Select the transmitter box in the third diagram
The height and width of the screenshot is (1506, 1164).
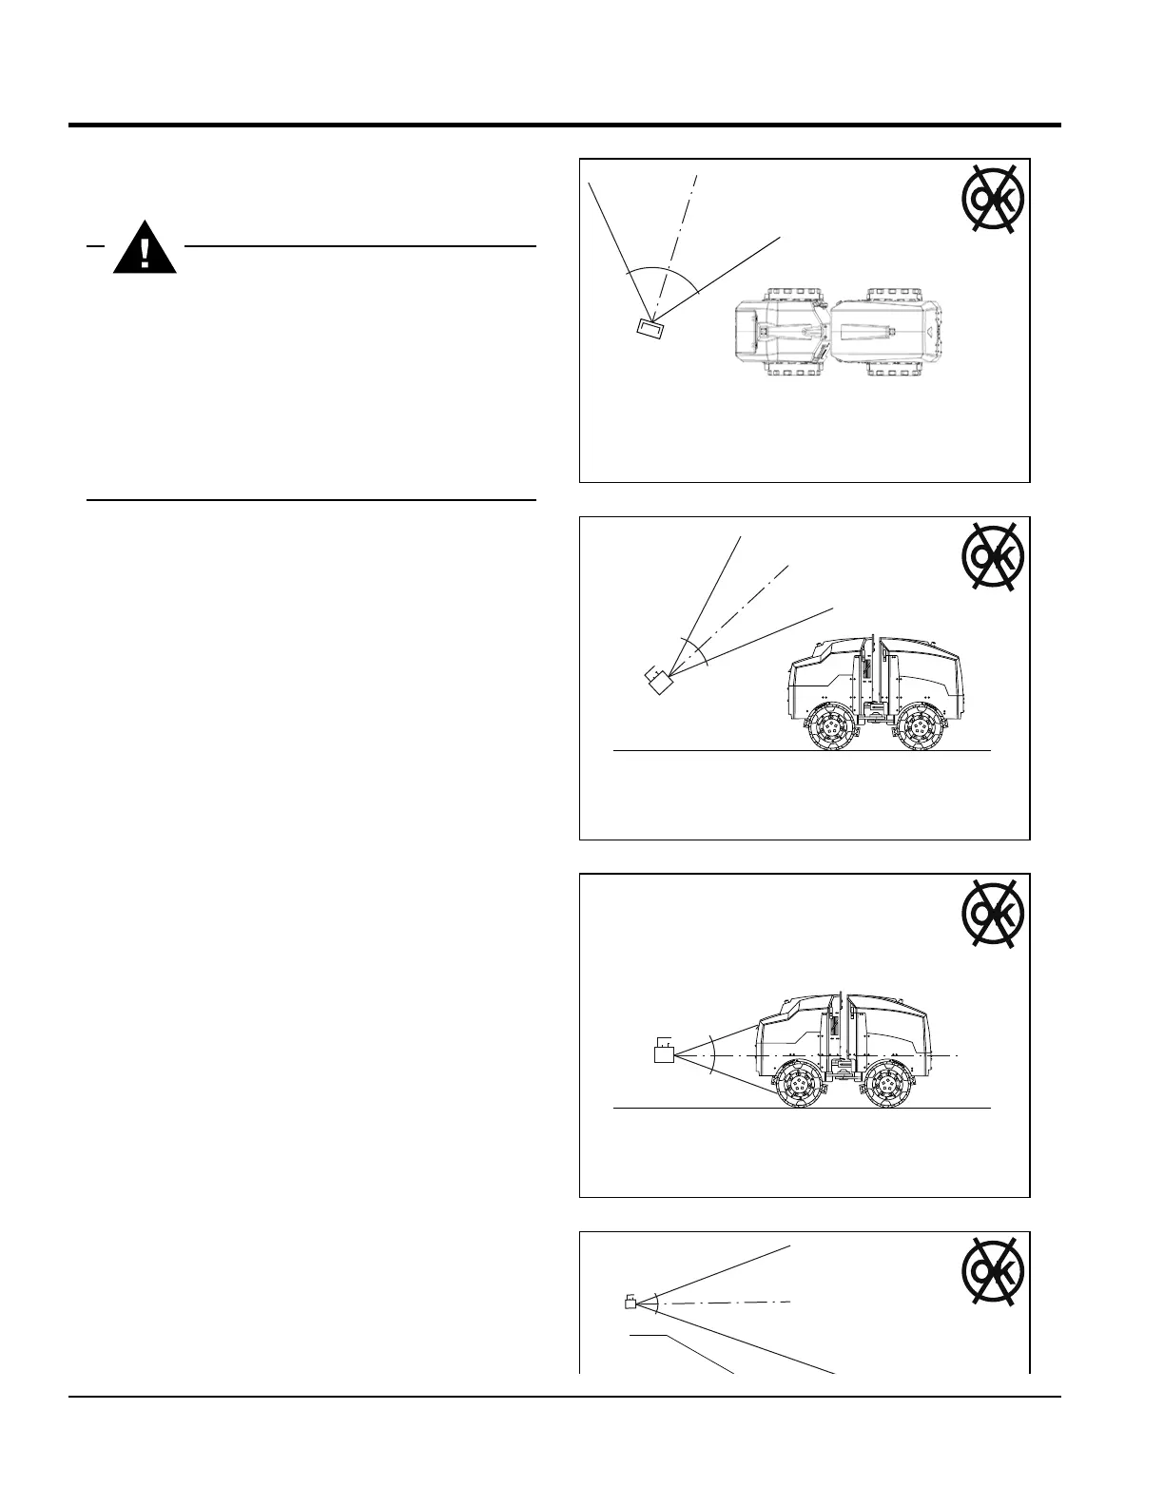point(664,1053)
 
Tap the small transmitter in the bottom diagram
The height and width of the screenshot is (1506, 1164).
point(630,1303)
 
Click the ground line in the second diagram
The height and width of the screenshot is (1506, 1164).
point(704,751)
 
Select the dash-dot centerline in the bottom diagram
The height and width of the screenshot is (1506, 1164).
point(723,1302)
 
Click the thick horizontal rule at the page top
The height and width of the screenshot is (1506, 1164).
point(564,125)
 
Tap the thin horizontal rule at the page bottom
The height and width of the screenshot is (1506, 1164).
point(564,1397)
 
